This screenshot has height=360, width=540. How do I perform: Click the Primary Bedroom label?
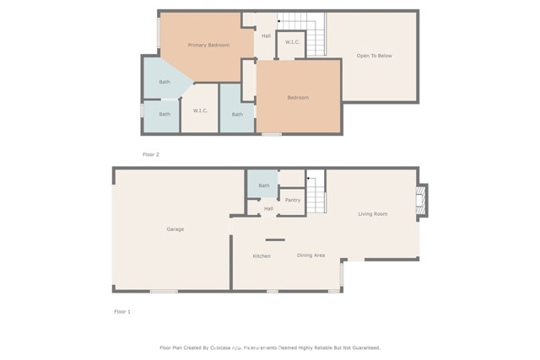[x=208, y=45]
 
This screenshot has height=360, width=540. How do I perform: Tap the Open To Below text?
[x=374, y=56]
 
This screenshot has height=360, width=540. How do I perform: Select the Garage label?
[x=175, y=229]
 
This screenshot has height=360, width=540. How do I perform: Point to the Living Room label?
[x=372, y=214]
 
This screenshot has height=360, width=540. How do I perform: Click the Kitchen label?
[x=262, y=255]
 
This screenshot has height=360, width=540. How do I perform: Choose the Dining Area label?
[x=310, y=255]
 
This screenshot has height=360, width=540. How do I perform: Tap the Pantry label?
[x=293, y=200]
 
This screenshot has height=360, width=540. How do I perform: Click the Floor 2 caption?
[x=150, y=154]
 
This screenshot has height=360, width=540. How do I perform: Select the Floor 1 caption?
[x=123, y=311]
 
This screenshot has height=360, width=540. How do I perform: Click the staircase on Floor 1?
[x=316, y=193]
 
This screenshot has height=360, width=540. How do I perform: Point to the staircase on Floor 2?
[x=315, y=35]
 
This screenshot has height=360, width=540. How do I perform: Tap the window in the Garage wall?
[x=164, y=292]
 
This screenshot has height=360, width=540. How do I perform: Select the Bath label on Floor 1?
[x=264, y=185]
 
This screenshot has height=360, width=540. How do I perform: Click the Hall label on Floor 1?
[x=268, y=208]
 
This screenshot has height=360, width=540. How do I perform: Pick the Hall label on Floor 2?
[x=266, y=35]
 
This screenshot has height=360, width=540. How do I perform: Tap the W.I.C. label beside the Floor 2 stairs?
[x=293, y=41]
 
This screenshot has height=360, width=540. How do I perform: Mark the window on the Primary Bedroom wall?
[x=159, y=33]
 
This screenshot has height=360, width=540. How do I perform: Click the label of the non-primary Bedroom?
[x=298, y=98]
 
